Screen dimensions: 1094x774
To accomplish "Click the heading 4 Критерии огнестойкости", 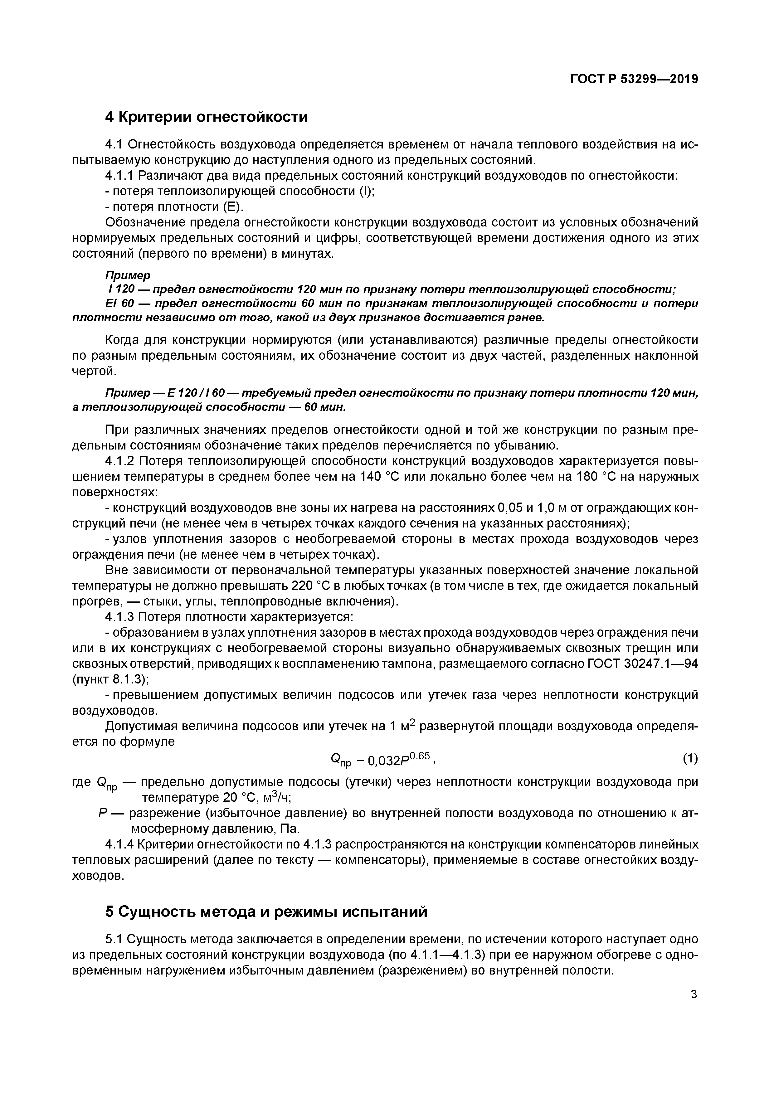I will (x=206, y=117).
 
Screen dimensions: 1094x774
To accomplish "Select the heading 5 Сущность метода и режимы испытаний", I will (x=266, y=912).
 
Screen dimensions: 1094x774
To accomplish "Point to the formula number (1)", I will (x=690, y=758).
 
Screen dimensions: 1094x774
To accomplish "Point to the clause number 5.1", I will (x=114, y=939).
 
